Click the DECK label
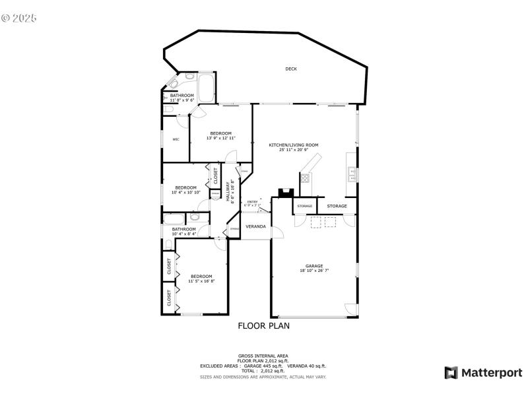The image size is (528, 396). pos(290,69)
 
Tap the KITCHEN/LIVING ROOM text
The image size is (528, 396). pos(293,145)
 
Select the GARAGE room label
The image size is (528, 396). pos(313,266)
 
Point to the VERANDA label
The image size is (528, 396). pos(255,226)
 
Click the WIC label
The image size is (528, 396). pos(176,139)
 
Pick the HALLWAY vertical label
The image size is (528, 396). pos(228,191)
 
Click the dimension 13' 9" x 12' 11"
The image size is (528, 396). pos(220,138)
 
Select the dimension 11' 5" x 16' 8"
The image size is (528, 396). pos(201,281)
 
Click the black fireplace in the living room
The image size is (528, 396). pos(285,193)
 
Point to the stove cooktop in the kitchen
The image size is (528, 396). pos(306,178)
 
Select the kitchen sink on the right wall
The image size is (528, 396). pos(352,174)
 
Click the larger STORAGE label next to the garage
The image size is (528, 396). pos(337,206)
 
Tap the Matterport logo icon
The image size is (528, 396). pos(451,373)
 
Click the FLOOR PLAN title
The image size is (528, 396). pos(263,325)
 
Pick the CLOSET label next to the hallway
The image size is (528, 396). pos(215,176)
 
